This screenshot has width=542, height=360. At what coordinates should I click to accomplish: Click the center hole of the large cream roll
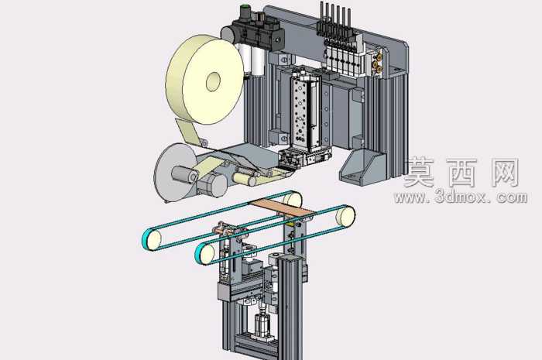(213, 81)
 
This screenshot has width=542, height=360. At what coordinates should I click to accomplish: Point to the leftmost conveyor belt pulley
(152, 238)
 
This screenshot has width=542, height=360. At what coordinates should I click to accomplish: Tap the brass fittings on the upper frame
(378, 62)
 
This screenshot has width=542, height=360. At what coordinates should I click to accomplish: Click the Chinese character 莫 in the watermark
(420, 173)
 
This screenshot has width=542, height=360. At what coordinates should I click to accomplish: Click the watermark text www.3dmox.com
(461, 197)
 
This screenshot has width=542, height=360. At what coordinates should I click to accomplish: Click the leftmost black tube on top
(322, 17)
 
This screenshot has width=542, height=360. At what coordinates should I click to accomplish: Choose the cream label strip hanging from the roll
(187, 131)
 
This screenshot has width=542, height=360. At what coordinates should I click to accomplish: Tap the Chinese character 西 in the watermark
(462, 173)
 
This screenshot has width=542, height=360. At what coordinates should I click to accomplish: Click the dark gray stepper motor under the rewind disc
(211, 185)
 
